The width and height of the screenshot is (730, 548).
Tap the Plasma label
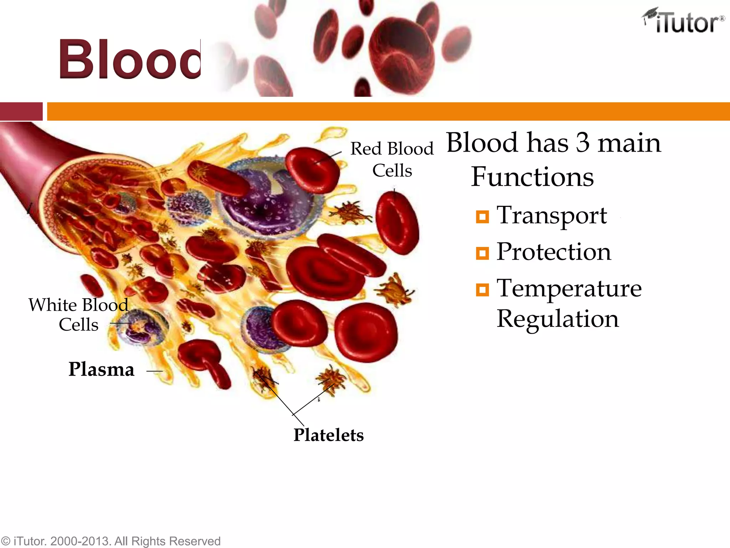(101, 369)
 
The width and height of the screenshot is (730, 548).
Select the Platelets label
(328, 435)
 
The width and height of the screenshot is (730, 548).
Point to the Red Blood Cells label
(392, 159)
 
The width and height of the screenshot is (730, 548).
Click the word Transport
(551, 215)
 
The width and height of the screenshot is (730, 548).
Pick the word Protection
(554, 252)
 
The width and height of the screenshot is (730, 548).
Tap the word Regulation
(557, 319)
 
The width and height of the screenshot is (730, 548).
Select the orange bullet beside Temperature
(482, 290)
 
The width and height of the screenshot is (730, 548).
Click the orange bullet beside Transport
(482, 217)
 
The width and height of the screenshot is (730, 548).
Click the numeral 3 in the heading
(582, 143)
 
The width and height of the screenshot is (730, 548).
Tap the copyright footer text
(110, 541)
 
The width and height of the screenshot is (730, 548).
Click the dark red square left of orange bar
(21, 111)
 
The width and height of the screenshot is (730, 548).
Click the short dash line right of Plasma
(154, 371)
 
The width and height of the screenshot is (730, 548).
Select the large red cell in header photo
(402, 52)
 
